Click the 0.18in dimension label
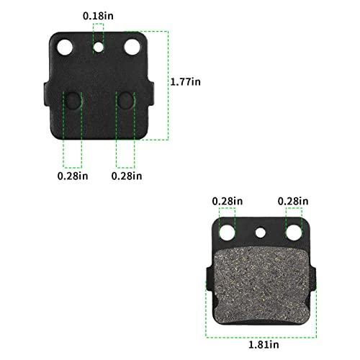98,16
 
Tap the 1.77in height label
186,82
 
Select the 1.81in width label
264,345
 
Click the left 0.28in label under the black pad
73,176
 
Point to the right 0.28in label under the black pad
127,176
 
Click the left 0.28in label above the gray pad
228,201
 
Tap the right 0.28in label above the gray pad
293,201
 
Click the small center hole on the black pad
98,48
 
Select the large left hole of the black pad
65,48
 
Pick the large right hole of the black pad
132,47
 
